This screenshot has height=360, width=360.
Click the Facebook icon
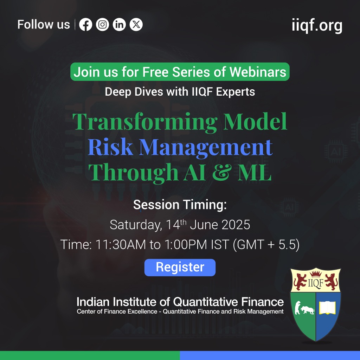point(86,25)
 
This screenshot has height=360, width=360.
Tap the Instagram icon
point(102,25)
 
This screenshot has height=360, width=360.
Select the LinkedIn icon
point(119,25)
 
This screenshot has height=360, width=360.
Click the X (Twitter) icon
point(136,25)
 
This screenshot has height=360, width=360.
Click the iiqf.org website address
point(317,25)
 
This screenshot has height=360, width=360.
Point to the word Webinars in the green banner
point(258,72)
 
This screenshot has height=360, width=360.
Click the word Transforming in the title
point(145,122)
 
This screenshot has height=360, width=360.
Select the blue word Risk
point(110,147)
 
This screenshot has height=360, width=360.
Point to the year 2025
point(236,225)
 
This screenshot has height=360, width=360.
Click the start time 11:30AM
point(121,245)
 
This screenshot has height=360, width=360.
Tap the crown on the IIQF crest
point(316,274)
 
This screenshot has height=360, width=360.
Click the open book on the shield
point(327,308)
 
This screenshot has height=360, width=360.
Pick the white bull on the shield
point(308,310)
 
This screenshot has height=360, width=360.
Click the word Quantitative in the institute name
point(206,302)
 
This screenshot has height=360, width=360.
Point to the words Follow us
point(44,25)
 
